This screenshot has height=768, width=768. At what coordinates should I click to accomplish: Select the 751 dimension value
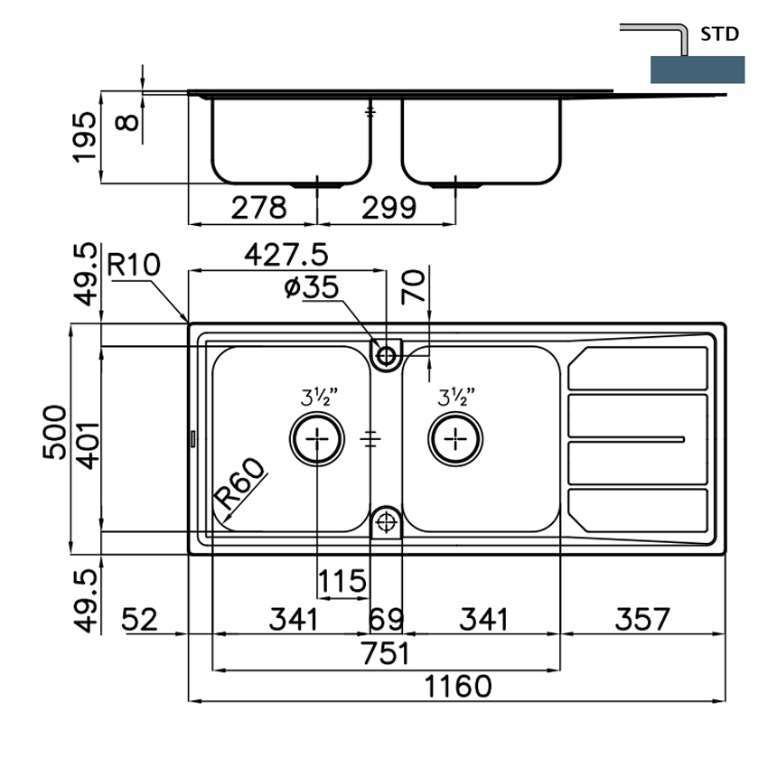coord(386,653)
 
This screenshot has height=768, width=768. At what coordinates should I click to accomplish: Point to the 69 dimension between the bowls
coord(386,620)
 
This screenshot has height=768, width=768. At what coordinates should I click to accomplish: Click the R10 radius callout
coord(133,266)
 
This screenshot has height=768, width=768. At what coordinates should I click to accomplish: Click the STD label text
coord(720,35)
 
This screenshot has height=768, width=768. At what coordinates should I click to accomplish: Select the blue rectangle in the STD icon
coord(697,70)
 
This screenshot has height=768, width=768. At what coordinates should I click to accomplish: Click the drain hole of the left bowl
coord(317,438)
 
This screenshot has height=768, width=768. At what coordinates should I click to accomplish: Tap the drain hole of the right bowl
coord(454,438)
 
